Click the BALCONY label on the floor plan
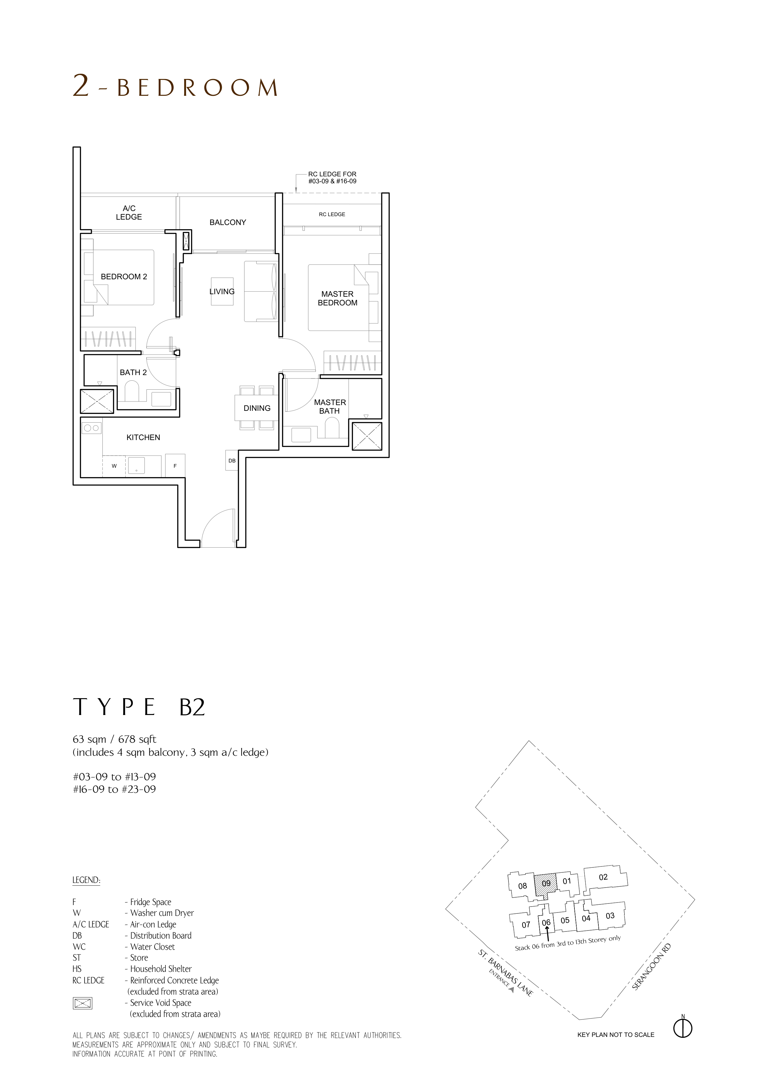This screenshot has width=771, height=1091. (x=228, y=222)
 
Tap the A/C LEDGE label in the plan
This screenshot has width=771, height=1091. (x=129, y=212)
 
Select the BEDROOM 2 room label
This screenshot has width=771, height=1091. (x=124, y=276)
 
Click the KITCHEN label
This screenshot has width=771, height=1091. (x=143, y=437)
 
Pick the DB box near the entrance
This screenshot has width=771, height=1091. (x=232, y=461)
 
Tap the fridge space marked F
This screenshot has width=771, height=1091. (x=175, y=466)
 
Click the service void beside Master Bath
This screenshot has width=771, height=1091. (x=366, y=435)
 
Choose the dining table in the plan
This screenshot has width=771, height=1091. (x=257, y=408)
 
